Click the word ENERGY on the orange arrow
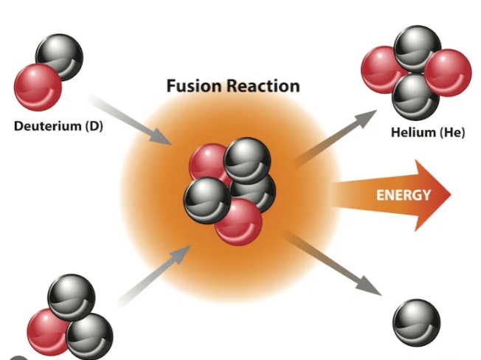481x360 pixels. (404, 195)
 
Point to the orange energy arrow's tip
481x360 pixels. (449, 195)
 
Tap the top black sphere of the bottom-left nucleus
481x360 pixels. (71, 295)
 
